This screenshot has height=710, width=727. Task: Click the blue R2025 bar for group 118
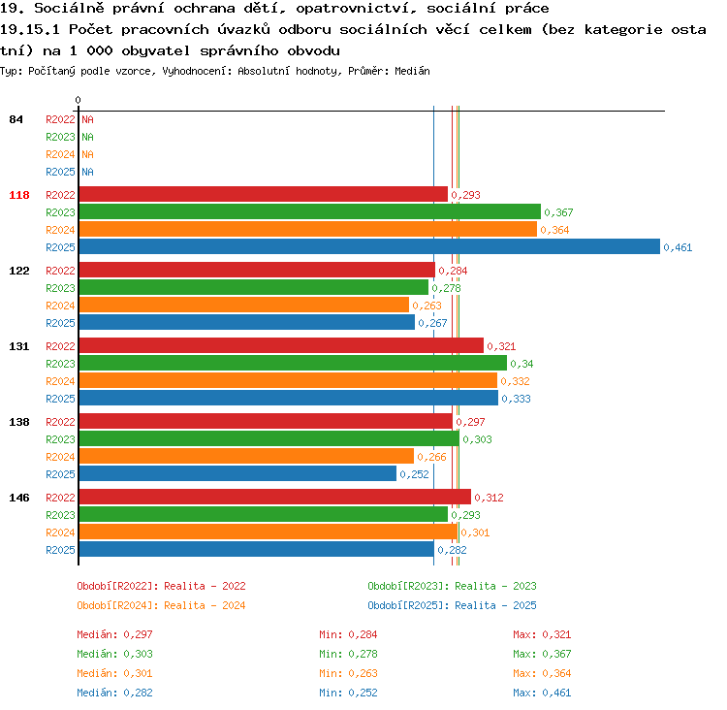[x=369, y=246]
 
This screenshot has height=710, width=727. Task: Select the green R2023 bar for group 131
[x=293, y=363]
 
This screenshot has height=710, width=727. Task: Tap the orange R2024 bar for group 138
[x=246, y=456]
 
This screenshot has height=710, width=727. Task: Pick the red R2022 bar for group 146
[x=275, y=497]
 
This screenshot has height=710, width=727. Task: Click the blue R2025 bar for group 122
[x=247, y=322]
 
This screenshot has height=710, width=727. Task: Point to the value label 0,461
[x=678, y=247]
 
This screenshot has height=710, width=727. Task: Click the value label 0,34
[x=522, y=365]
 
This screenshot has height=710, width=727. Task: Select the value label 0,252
[x=414, y=474]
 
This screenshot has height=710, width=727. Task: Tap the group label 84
[x=16, y=119]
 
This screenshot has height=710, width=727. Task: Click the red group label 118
[x=19, y=195]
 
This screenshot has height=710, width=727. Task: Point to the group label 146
[x=19, y=498]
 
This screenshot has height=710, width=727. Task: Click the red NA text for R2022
[x=87, y=119]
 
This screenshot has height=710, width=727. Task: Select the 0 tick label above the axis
[x=78, y=100]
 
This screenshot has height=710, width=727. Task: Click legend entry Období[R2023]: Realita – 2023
[x=452, y=586]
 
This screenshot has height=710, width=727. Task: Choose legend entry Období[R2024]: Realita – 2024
[x=161, y=605]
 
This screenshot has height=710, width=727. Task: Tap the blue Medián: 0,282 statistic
[x=114, y=693]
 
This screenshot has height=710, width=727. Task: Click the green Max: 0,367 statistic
[x=542, y=654]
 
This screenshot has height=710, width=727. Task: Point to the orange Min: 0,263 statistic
[x=348, y=673]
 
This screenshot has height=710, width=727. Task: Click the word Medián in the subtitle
[x=412, y=71]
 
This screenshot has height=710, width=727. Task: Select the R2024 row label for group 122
[x=60, y=306]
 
